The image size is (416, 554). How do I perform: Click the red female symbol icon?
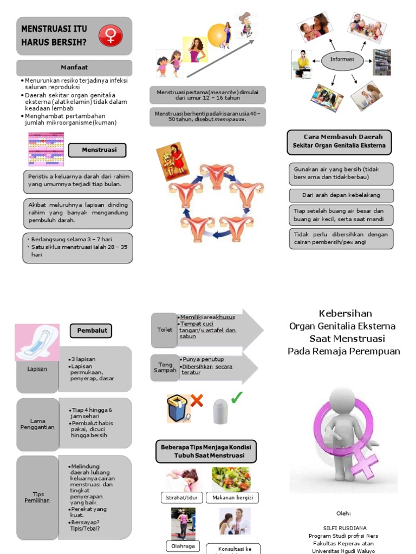(x=110, y=36)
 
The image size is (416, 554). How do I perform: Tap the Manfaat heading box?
(x=74, y=68)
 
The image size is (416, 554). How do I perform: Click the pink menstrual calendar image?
(x=46, y=149)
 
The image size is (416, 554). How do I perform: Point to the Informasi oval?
(x=342, y=60)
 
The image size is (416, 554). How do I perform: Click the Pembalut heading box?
(x=91, y=330)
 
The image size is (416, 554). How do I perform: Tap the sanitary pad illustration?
(x=37, y=342)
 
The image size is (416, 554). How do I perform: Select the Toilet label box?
(x=165, y=329)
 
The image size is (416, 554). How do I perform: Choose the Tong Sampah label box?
(x=165, y=367)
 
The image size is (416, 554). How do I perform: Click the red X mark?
(x=197, y=400)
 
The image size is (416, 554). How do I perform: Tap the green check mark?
(x=237, y=398)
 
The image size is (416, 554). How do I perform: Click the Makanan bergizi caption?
(x=232, y=498)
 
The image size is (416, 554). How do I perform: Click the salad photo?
(x=231, y=479)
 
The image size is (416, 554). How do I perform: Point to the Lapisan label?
(x=37, y=369)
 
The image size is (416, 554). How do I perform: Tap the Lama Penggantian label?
(x=37, y=425)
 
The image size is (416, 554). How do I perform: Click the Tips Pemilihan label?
(x=37, y=497)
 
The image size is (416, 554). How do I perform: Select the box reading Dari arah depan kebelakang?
(x=341, y=195)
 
